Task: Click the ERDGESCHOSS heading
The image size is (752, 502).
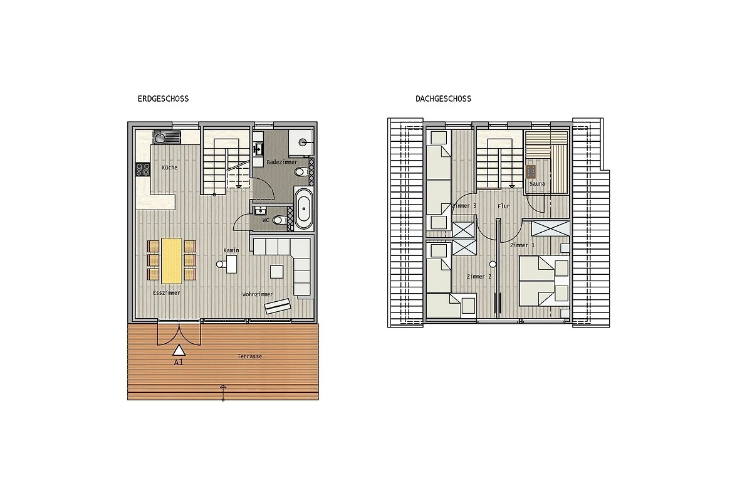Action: pyautogui.click(x=163, y=99)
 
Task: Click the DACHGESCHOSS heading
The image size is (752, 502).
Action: pyautogui.click(x=443, y=99)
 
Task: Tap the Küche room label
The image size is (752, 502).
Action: pyautogui.click(x=170, y=168)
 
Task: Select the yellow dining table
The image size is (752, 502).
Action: pyautogui.click(x=172, y=261)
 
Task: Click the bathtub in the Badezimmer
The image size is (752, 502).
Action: pyautogui.click(x=303, y=208)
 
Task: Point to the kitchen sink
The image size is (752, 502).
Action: pyautogui.click(x=167, y=137)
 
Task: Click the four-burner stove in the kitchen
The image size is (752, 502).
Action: pyautogui.click(x=143, y=169)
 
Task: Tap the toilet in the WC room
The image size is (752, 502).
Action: pyautogui.click(x=279, y=220)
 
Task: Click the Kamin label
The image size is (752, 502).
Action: pyautogui.click(x=231, y=250)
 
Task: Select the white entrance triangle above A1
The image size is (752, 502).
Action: pyautogui.click(x=179, y=350)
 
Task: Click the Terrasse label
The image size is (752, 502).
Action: pyautogui.click(x=249, y=356)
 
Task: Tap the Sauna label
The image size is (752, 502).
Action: pyautogui.click(x=537, y=184)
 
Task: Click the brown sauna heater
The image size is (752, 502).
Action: pyautogui.click(x=531, y=172)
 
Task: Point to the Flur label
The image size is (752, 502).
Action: pyautogui.click(x=504, y=206)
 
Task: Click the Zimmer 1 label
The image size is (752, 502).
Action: pyautogui.click(x=523, y=245)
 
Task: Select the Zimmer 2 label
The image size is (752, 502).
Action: pyautogui.click(x=479, y=276)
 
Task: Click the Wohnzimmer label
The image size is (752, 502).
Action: pyautogui.click(x=258, y=294)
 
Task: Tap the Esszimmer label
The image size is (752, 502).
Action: pyautogui.click(x=167, y=293)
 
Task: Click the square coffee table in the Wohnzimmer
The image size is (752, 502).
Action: pyautogui.click(x=276, y=272)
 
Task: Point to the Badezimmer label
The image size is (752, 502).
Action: pyautogui.click(x=282, y=162)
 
